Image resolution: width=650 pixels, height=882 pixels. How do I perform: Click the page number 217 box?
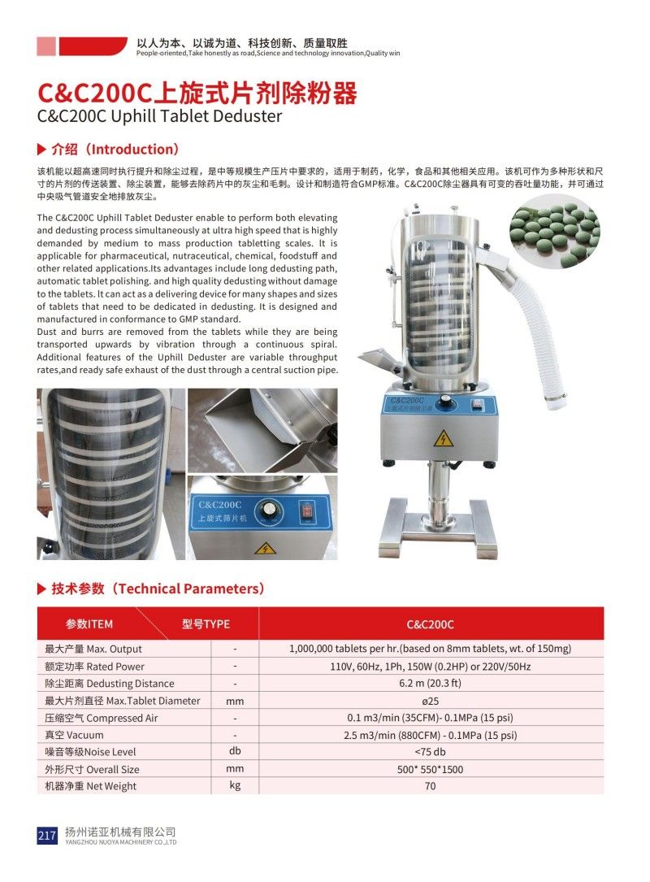point(46,836)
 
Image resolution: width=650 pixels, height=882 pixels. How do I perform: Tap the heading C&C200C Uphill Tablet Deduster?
point(160,116)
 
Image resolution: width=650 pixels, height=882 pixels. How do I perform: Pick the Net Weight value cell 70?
point(430,786)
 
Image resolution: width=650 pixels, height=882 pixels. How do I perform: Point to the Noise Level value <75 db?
point(430,752)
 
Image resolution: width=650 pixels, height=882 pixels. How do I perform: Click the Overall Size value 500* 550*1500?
point(430,769)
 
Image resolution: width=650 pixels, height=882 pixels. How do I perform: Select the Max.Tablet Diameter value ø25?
point(430,701)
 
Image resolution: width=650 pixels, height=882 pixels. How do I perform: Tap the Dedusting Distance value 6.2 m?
point(430,684)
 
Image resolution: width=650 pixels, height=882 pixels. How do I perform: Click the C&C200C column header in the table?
point(430,624)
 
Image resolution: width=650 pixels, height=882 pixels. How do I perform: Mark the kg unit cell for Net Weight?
point(235,785)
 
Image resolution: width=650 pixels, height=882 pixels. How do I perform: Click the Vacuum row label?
point(74,735)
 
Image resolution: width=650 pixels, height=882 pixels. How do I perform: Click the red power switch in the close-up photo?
point(306,511)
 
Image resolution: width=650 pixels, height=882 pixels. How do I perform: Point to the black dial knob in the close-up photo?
point(265,512)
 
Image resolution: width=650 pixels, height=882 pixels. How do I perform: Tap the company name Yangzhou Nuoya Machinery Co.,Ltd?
point(120,836)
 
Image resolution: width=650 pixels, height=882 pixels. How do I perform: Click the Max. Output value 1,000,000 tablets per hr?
point(430,649)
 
